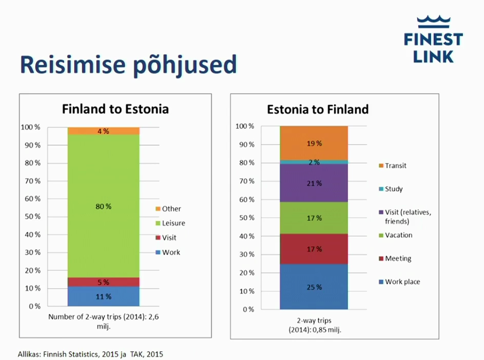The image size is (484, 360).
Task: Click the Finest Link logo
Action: click(433, 40)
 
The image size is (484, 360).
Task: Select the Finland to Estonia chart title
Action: click(115, 109)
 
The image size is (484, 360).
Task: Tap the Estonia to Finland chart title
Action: click(318, 109)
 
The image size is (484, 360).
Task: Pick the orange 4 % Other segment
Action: click(104, 131)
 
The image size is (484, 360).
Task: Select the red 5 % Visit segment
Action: click(104, 282)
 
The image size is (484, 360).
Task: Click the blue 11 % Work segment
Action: click(104, 296)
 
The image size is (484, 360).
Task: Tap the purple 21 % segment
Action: click(314, 183)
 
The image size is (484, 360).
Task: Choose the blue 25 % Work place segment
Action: click(314, 287)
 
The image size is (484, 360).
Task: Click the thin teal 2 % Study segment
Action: click(314, 162)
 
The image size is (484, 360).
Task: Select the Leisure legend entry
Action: click(170, 223)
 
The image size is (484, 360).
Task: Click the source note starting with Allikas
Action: click(91, 354)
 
